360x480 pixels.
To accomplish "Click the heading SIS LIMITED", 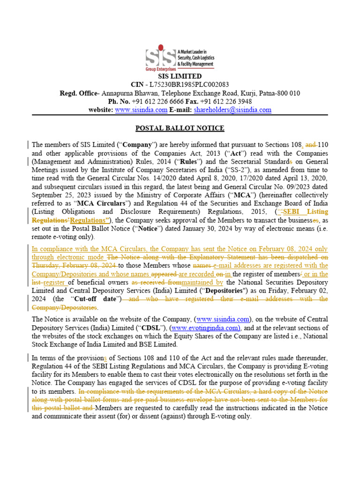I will pos(180,76).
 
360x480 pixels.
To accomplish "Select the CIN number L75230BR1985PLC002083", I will pos(189,85).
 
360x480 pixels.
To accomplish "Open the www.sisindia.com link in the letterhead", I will pos(141,110).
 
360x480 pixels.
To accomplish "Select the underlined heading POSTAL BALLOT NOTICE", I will pos(180,128).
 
